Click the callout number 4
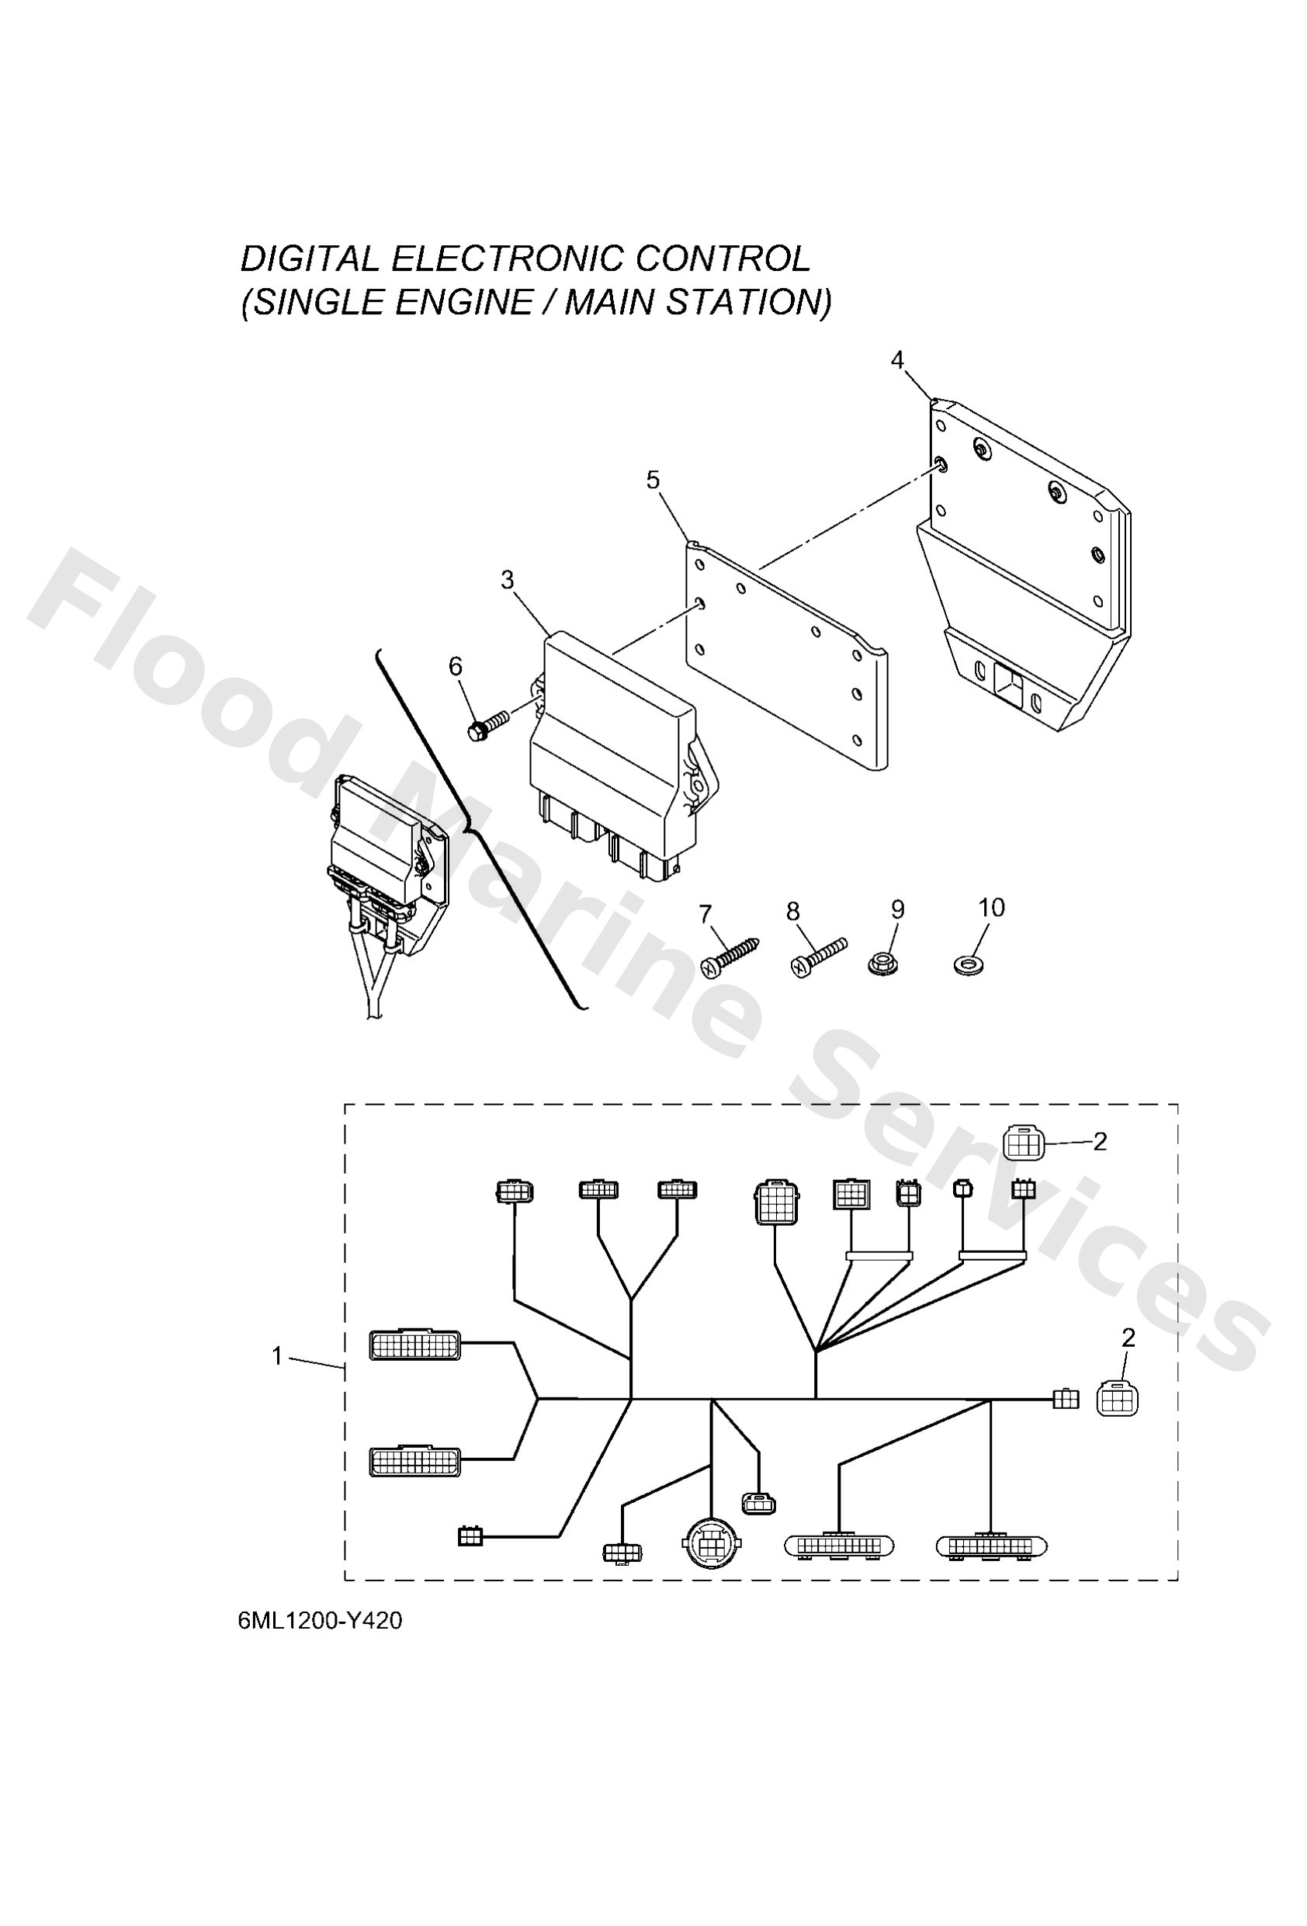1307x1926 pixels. click(896, 359)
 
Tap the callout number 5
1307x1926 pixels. click(653, 479)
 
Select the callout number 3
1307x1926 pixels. click(508, 580)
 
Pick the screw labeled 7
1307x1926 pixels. click(730, 956)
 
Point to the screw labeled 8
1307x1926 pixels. click(817, 956)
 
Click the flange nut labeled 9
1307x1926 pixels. click(886, 964)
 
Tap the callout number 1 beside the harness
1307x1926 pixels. click(278, 1357)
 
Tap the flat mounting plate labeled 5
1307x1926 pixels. click(787, 663)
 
